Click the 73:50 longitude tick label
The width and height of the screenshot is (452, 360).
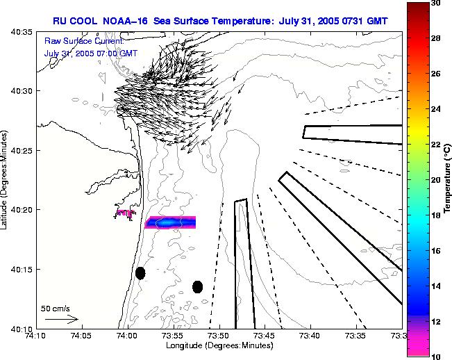point(219,336)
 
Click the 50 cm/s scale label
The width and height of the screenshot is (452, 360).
point(56,308)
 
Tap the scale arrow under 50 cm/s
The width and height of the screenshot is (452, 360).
point(61,319)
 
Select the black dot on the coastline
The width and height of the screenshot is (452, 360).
point(140,273)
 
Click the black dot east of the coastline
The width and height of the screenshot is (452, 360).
point(197,286)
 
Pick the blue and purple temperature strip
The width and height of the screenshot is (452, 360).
point(170,222)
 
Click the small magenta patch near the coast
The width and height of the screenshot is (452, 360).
point(125,213)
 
